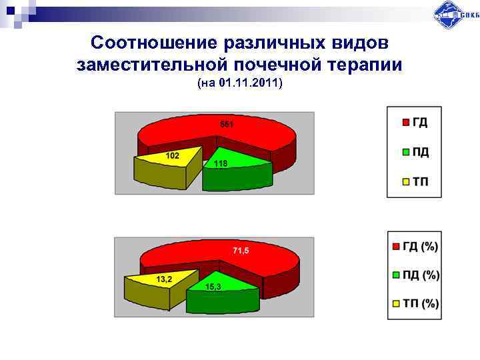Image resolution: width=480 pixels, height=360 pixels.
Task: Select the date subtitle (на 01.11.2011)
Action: pyautogui.click(x=240, y=84)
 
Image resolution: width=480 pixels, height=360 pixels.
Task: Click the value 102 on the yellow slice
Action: pyautogui.click(x=173, y=155)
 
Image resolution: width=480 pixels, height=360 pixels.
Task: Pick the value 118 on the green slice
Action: pyautogui.click(x=221, y=163)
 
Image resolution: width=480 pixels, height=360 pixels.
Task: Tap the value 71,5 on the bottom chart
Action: pyautogui.click(x=241, y=251)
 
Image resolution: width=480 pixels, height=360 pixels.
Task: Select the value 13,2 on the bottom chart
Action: pyautogui.click(x=164, y=279)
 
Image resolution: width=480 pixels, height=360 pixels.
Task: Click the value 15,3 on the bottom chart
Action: pyautogui.click(x=213, y=286)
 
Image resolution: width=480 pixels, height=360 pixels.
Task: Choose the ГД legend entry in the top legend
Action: pyautogui.click(x=414, y=122)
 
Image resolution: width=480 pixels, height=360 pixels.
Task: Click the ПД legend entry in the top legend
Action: pyautogui.click(x=414, y=152)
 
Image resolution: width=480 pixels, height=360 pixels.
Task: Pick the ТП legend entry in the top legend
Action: pyautogui.click(x=414, y=182)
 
